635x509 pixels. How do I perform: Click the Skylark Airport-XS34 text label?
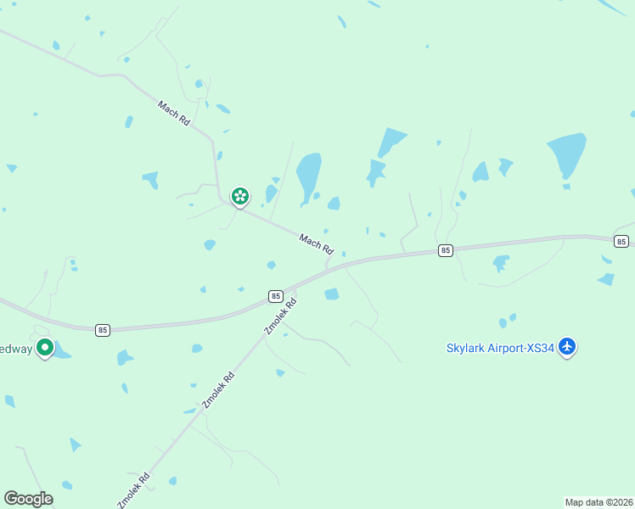500,347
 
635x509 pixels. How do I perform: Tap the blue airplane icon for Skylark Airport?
568,346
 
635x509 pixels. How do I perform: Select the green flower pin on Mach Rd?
240,197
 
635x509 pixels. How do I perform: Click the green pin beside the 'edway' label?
45,347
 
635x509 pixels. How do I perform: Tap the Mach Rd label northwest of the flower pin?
174,115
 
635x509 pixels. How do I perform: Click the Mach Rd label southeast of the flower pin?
316,244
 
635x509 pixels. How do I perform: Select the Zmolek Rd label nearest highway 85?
281,316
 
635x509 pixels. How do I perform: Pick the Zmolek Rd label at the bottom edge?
133,490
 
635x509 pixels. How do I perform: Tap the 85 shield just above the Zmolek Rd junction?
275,296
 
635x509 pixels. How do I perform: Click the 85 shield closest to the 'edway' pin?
103,329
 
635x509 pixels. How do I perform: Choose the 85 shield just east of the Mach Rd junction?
446,250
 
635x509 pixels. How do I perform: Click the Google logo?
28,499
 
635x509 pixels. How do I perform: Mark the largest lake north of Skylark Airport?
567,154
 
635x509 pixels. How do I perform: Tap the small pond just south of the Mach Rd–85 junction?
331,294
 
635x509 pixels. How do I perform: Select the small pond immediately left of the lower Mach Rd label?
271,265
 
